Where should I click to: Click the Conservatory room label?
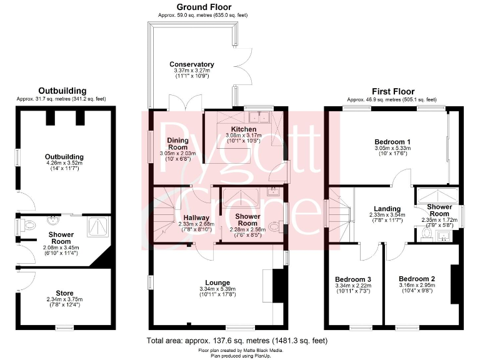(x=192, y=64)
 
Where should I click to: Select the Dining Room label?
(x=173, y=143)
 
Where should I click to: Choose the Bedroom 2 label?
(x=417, y=279)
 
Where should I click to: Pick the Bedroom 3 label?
(x=353, y=279)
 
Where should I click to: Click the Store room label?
(x=64, y=292)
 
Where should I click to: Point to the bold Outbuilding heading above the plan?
(x=62, y=91)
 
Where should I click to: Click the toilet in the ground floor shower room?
(x=271, y=227)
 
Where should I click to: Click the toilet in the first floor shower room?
(x=426, y=232)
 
